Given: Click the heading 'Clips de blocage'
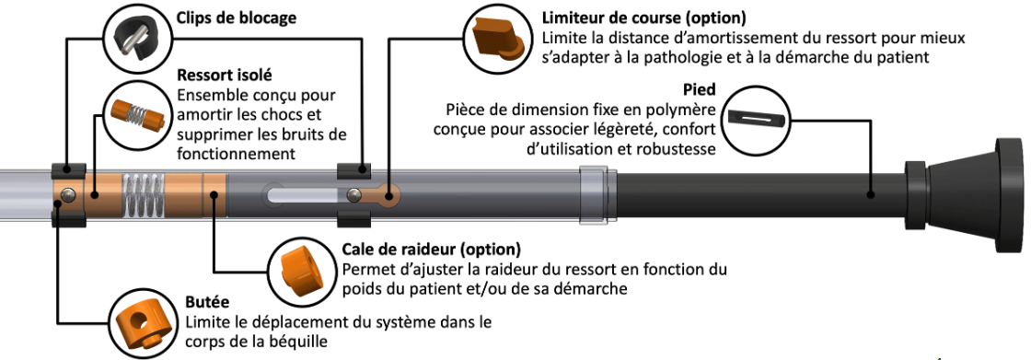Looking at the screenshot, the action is pyautogui.click(x=236, y=17).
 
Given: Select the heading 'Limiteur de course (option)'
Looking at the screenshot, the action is pyautogui.click(x=643, y=17).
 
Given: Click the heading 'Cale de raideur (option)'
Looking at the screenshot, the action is pyautogui.click(x=432, y=250).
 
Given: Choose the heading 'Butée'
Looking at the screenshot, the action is pyautogui.click(x=207, y=303).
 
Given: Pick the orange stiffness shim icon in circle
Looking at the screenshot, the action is pyautogui.click(x=299, y=269).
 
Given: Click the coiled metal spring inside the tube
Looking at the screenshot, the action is pyautogui.click(x=143, y=195).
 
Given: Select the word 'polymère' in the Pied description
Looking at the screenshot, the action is pyautogui.click(x=685, y=110).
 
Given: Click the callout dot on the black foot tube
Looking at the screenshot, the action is pyautogui.click(x=870, y=195).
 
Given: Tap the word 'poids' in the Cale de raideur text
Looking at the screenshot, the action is pyautogui.click(x=360, y=288).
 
